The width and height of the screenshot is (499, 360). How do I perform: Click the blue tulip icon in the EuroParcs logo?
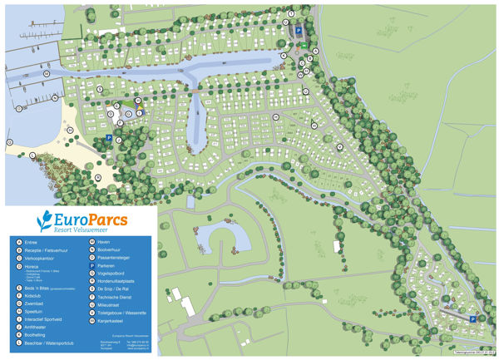44,220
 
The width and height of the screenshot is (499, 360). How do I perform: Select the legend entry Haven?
104,242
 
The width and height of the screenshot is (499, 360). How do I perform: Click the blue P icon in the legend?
91,266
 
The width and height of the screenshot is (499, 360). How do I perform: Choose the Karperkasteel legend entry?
111,321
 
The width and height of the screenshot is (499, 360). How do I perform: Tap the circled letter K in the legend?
19,333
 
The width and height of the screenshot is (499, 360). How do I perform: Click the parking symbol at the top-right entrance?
299,28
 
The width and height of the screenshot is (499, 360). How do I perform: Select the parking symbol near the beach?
109,139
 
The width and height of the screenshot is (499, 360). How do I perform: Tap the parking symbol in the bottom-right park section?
472,318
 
